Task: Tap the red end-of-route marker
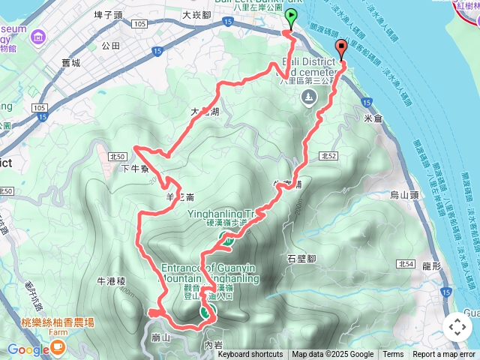pos(342,49)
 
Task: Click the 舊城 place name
pos(71,64)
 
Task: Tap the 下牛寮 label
pos(135,169)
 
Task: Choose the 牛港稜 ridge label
pos(111,281)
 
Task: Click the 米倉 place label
pos(372,118)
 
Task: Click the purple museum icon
pos(39,33)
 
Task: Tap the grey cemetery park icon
pos(308,97)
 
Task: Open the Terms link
pos(393,355)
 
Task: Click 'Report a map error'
pos(445,355)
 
